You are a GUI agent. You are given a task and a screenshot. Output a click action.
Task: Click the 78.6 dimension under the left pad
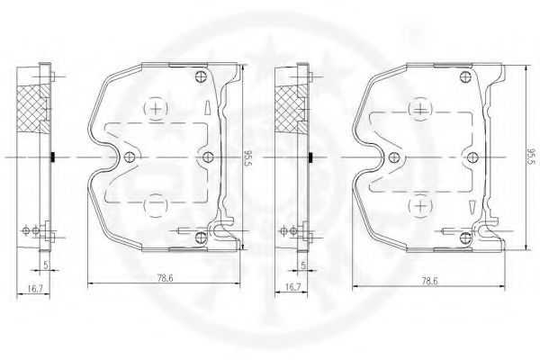tap(165, 278)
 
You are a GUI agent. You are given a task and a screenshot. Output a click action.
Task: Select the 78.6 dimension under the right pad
tap(430, 281)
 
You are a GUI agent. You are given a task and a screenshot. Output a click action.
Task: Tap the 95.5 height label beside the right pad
tap(533, 157)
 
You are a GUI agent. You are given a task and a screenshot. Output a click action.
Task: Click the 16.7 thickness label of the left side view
tap(35, 289)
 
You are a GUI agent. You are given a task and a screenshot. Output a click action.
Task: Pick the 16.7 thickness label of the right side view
tap(293, 287)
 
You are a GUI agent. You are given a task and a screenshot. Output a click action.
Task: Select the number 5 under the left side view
tap(45, 265)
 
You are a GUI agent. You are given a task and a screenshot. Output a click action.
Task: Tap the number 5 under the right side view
tap(303, 265)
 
